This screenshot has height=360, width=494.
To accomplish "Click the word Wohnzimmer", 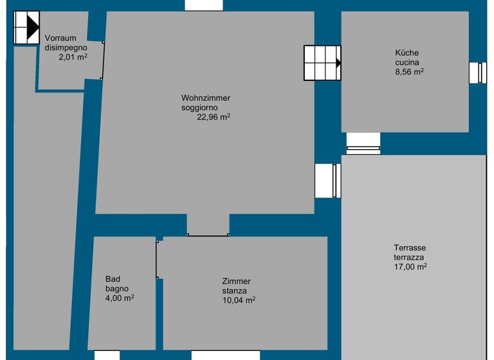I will point(205,98).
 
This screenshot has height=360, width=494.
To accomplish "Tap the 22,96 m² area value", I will point(214,117).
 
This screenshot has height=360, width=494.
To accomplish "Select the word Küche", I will point(407,53).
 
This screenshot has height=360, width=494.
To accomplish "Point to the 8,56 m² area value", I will point(409,72).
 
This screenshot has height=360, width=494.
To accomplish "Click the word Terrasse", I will point(410,248).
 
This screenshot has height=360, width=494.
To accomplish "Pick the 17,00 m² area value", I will point(411,267).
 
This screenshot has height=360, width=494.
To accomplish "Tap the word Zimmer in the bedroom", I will point(236,282).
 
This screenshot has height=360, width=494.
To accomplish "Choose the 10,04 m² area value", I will point(239,300).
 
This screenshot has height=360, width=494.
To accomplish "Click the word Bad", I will point(113,279).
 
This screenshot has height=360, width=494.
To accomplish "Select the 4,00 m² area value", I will point(119,298).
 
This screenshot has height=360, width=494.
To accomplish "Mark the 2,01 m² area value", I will point(73,57).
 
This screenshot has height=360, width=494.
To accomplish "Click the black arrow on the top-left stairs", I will point(33,27).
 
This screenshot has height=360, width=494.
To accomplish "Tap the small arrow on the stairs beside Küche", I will point(338,63).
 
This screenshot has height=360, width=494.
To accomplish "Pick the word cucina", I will point(407,62).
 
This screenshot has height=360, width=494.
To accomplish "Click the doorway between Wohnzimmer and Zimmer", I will point(208,226).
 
